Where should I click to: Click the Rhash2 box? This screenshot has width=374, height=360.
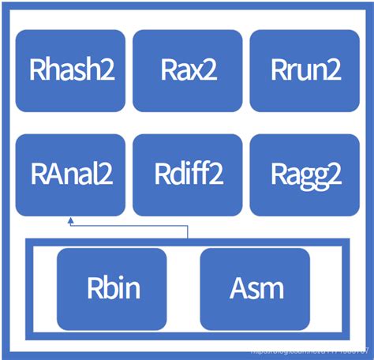pos(70,70)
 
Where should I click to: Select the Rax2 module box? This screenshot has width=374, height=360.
pos(188,70)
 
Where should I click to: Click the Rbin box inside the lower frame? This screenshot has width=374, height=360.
pos(112,288)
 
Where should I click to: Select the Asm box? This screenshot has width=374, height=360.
pos(251,288)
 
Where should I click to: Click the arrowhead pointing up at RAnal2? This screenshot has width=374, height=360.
pos(70,220)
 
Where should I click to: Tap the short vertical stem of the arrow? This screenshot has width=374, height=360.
pos(187,231)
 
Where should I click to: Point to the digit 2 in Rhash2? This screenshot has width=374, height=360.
pos(108,71)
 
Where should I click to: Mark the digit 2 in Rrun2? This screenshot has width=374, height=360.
pos(334,71)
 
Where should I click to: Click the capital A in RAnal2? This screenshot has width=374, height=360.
pos(50,175)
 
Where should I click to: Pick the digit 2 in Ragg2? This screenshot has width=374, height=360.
pos(335,175)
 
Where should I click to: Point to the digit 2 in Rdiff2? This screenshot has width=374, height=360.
pos(215,175)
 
